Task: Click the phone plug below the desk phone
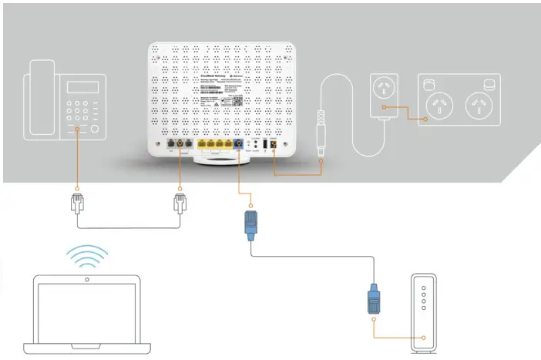(x=77, y=204)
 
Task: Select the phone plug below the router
(x=180, y=205)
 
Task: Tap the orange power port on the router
(x=274, y=145)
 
